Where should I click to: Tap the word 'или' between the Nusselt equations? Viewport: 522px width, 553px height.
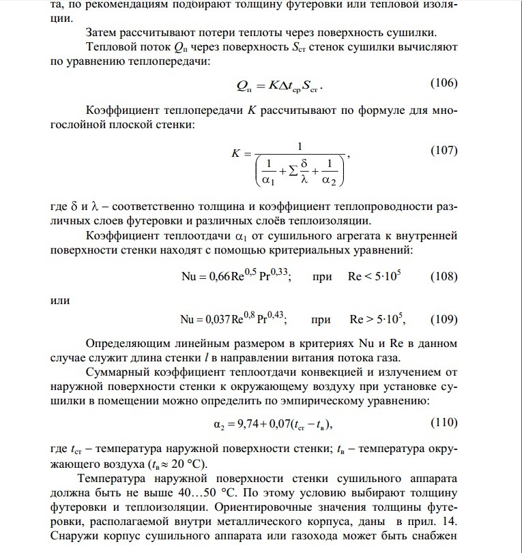(x=61, y=299)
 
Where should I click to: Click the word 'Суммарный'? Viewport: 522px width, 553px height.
(x=118, y=373)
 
